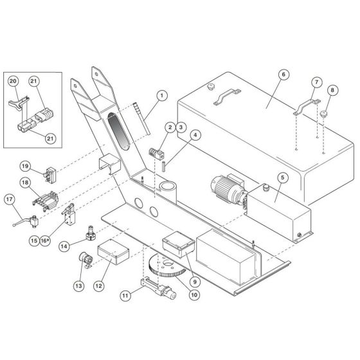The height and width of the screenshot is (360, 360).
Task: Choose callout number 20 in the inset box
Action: tap(14, 81)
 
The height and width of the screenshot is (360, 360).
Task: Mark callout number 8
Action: tap(332, 90)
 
